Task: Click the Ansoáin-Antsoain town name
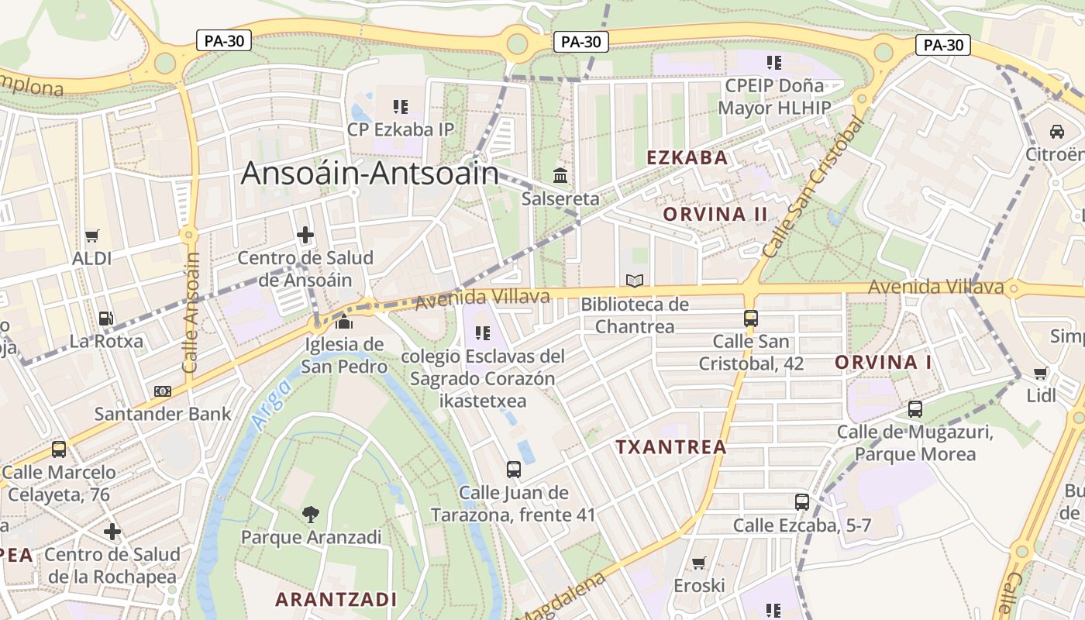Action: [x=370, y=173]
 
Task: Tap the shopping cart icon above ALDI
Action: [x=92, y=236]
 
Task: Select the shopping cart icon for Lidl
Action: [x=1041, y=374]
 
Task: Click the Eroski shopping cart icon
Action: [x=699, y=563]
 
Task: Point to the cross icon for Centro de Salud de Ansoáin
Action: [x=305, y=234]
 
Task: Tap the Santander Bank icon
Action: [x=162, y=391]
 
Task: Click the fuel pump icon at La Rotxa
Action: [x=105, y=318]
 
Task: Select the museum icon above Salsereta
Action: [x=560, y=175]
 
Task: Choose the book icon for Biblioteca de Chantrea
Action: [x=635, y=281]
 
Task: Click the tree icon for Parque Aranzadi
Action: [x=311, y=513]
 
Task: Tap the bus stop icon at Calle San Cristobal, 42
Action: [x=750, y=318]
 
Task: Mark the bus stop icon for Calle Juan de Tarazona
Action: [x=513, y=469]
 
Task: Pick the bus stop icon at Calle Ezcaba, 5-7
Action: [x=802, y=502]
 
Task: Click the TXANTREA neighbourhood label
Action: [x=671, y=447]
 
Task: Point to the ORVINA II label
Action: [x=715, y=214]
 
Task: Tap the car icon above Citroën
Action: [x=1056, y=131]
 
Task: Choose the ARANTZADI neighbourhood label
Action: [x=336, y=599]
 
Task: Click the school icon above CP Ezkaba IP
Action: [x=400, y=106]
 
